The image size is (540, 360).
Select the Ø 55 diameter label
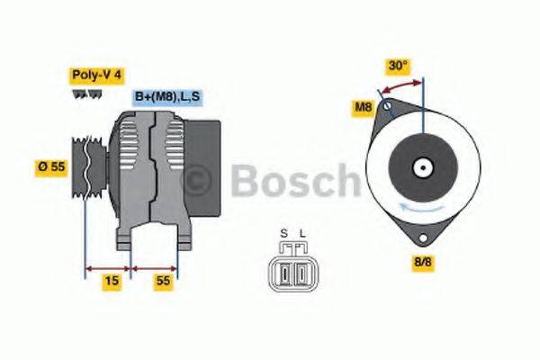[50, 166]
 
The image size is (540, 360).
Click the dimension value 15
[112, 282]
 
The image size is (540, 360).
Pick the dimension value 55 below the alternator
[163, 282]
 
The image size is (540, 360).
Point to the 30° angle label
[398, 66]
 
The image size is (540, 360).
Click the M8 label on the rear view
[364, 109]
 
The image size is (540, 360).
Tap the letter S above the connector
[283, 234]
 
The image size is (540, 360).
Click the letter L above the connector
[302, 234]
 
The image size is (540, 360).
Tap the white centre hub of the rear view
[420, 167]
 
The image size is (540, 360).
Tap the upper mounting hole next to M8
[387, 108]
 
